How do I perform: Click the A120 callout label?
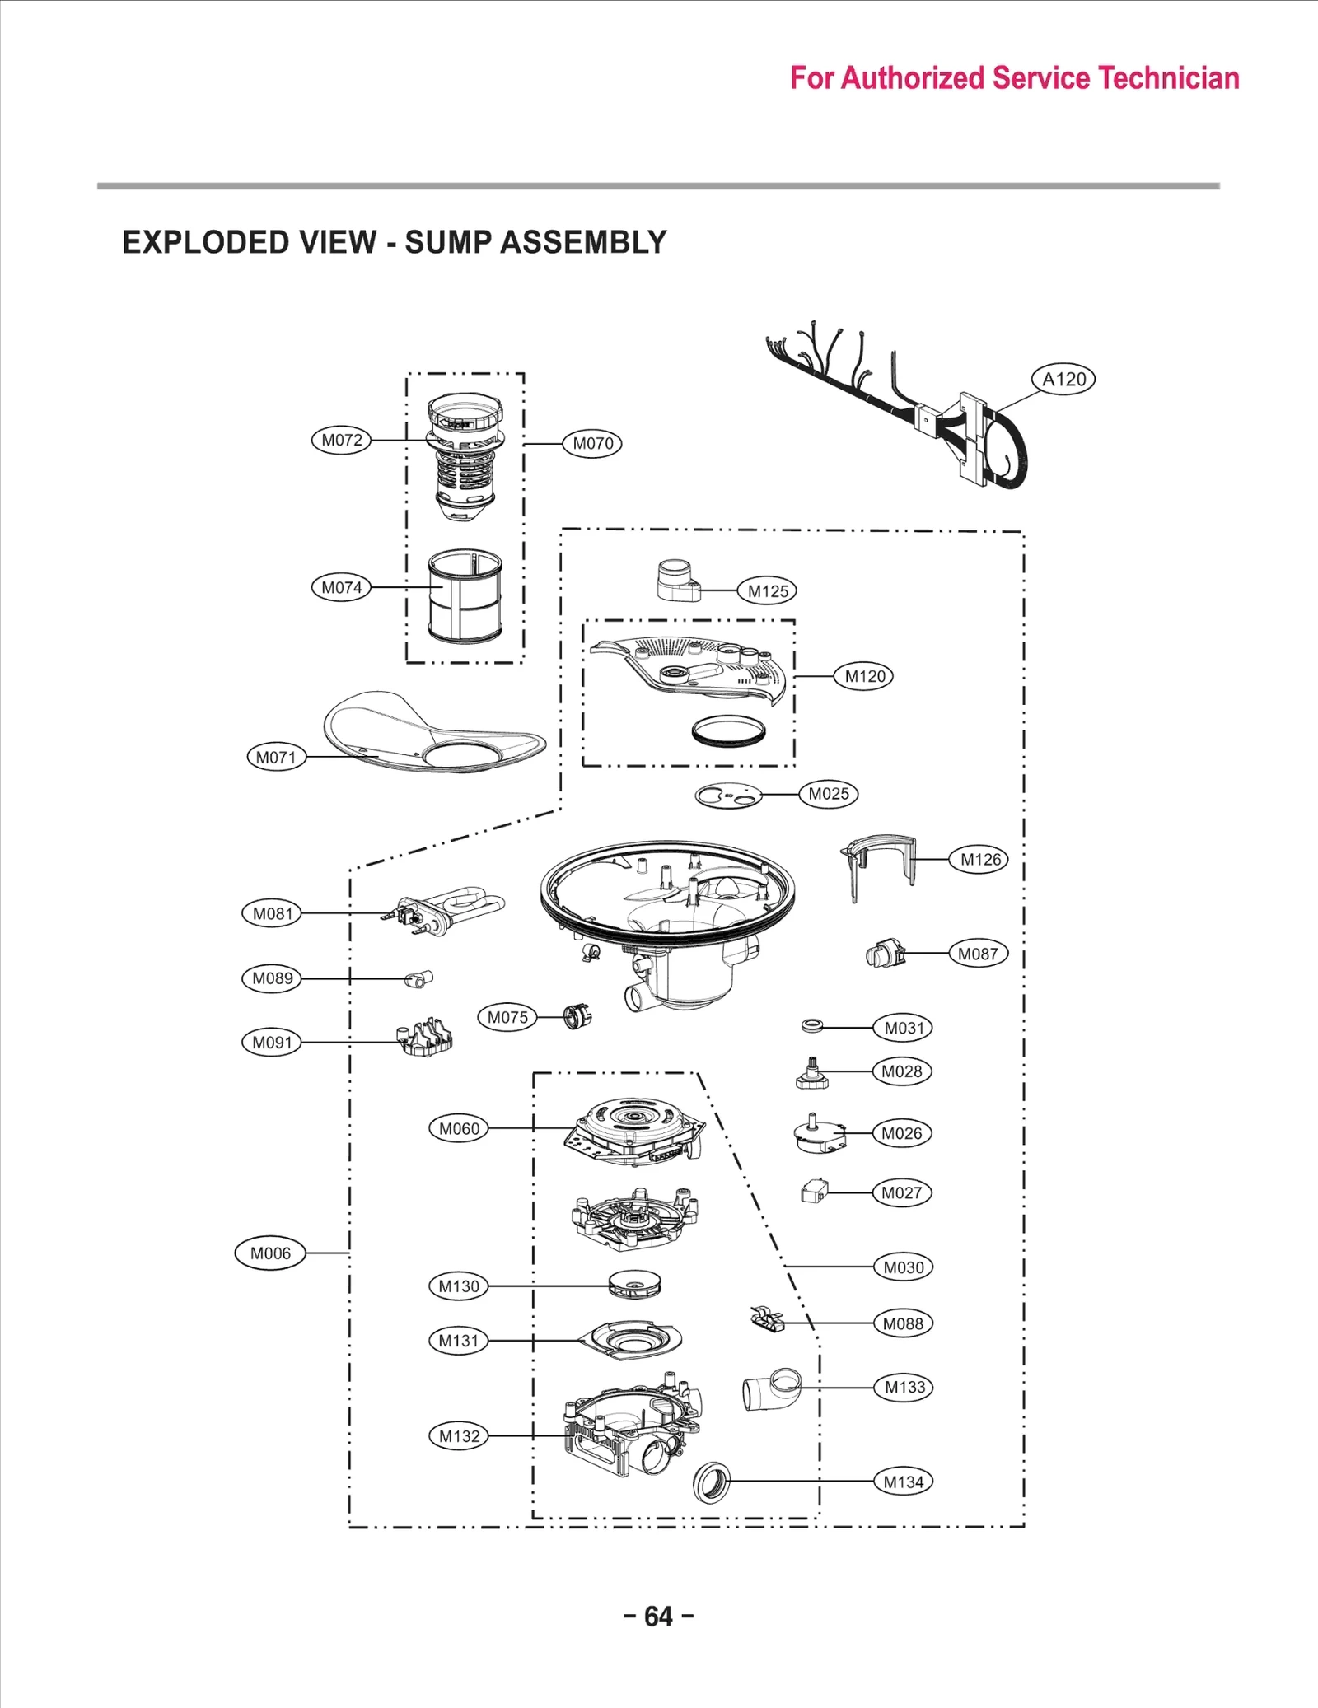(x=1063, y=380)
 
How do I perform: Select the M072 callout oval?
(x=341, y=440)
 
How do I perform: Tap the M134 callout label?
(x=904, y=1482)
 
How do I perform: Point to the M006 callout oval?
(x=270, y=1253)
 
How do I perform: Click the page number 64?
(x=658, y=1617)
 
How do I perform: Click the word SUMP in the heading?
(x=448, y=242)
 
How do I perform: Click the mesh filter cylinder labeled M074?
(x=465, y=596)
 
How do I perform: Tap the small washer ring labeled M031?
(x=812, y=1026)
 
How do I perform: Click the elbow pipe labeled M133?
(x=771, y=1389)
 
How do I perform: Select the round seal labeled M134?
(x=713, y=1482)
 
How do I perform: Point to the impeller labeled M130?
(x=634, y=1284)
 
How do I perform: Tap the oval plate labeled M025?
(x=728, y=796)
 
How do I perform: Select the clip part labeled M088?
(x=767, y=1319)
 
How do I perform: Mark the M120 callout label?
(x=864, y=676)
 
